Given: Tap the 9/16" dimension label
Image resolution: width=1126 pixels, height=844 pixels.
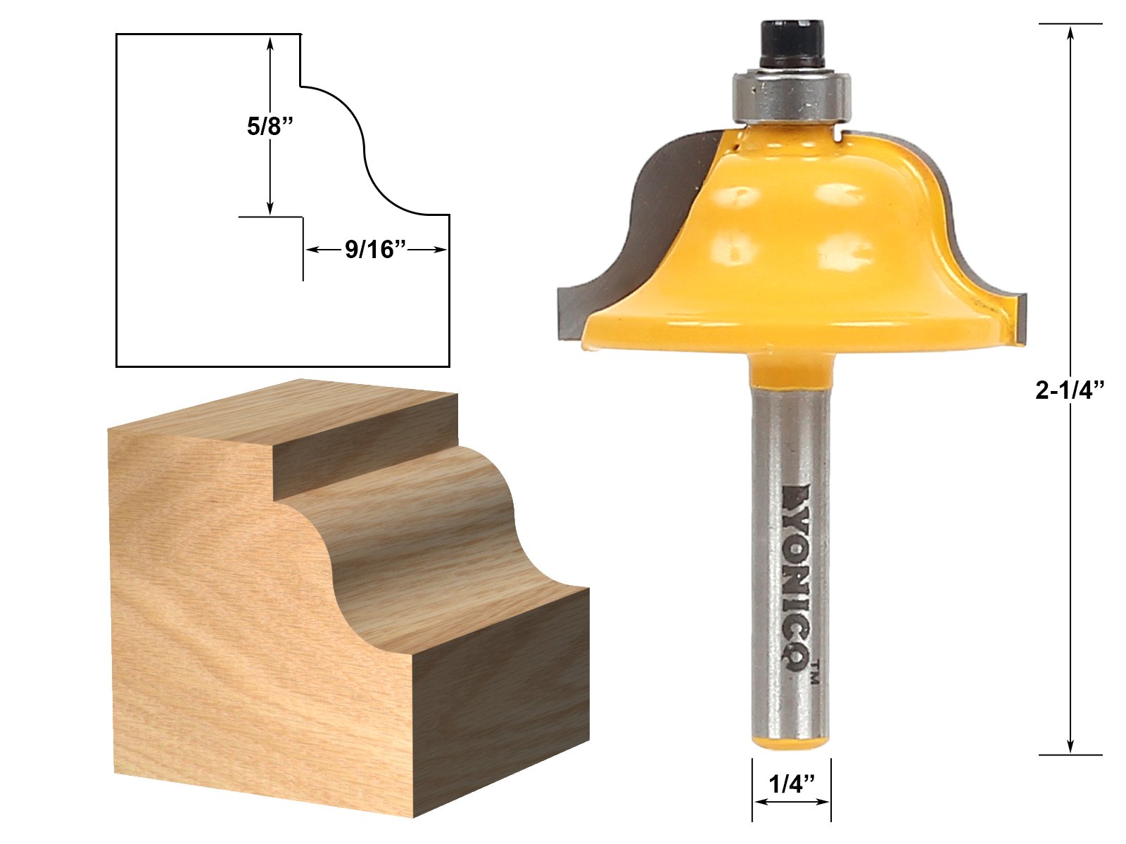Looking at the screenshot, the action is click(x=376, y=250).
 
